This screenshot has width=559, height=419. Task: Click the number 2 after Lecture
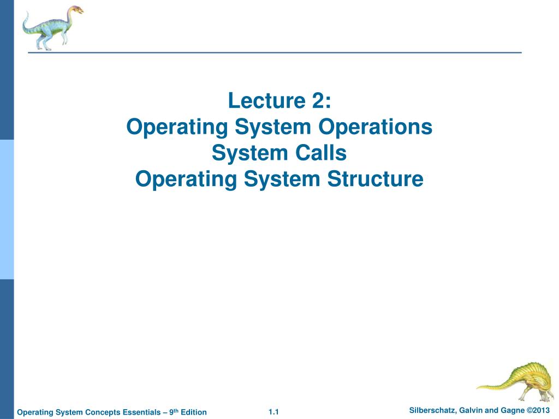pos(318,100)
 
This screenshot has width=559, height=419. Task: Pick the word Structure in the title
pos(375,179)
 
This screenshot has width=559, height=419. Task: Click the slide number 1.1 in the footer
pos(273,412)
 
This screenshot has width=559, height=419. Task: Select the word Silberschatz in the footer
pos(432,411)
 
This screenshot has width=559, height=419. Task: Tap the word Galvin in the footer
pos(469,411)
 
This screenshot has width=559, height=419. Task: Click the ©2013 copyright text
pos(537,411)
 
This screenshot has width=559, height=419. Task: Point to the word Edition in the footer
pos(194,412)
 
